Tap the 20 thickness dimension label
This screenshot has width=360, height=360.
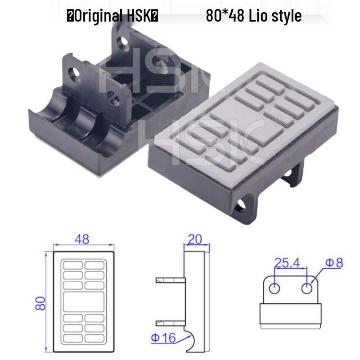(195, 239)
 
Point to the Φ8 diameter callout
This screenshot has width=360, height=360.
(333, 262)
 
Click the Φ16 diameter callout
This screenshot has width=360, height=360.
(162, 337)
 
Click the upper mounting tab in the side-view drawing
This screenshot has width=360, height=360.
(171, 280)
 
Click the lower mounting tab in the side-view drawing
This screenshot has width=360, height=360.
(171, 322)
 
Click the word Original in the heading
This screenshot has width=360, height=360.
(97, 17)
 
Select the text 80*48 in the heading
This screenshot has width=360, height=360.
(225, 17)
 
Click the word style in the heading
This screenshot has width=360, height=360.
(285, 17)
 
